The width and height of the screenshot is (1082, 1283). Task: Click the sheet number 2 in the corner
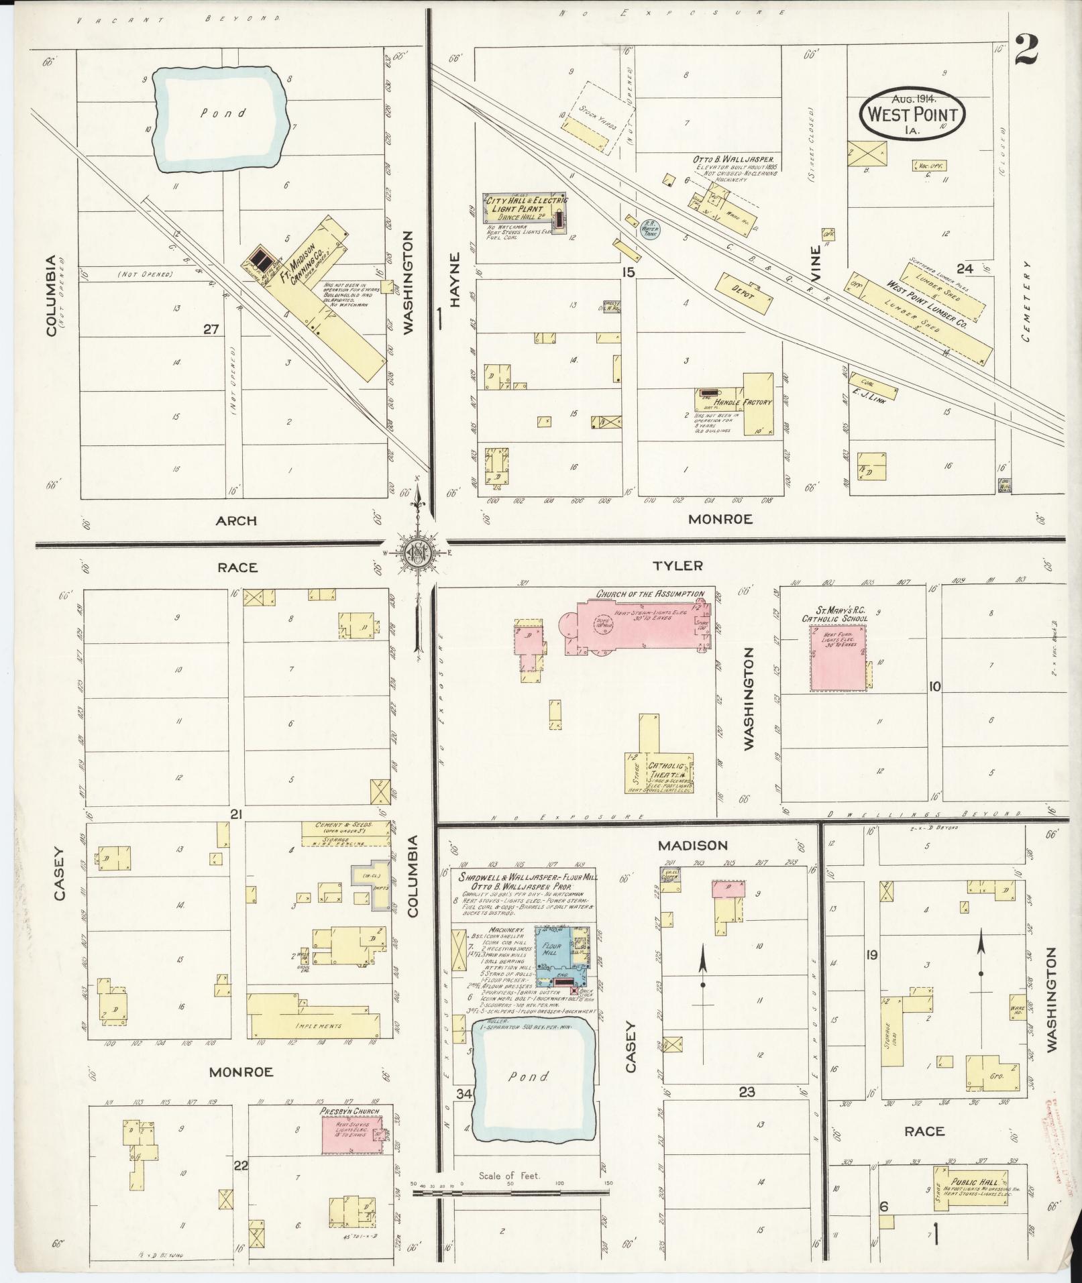pos(1026,51)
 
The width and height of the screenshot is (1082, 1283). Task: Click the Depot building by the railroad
pos(744,294)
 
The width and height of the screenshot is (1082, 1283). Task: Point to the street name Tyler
pos(678,565)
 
